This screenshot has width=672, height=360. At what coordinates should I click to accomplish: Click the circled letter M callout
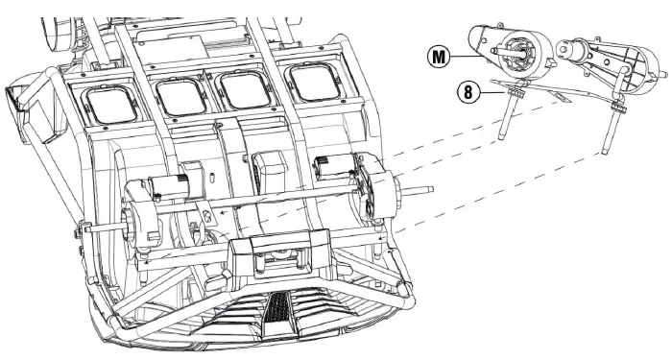439,57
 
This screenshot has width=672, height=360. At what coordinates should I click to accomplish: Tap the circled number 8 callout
468,92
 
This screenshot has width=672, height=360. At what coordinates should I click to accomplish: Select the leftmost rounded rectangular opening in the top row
111,105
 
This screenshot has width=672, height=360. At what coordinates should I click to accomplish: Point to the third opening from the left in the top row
245,90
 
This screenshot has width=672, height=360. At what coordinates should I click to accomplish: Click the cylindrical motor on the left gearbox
167,188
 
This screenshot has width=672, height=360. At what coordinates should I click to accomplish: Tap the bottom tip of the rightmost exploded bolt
605,152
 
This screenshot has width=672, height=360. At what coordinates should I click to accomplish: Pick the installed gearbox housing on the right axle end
377,188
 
